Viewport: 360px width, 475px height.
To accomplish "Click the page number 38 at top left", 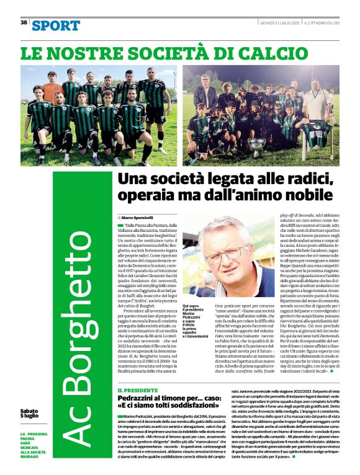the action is (x=24, y=22).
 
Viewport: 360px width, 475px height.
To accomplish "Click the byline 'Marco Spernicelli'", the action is (x=140, y=218).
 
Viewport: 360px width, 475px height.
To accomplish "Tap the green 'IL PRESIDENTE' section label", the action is (x=137, y=391).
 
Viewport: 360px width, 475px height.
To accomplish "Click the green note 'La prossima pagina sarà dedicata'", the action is (x=38, y=443).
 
